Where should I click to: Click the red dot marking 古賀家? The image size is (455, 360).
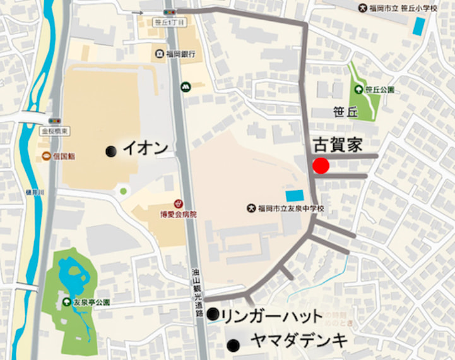pyautogui.click(x=321, y=166)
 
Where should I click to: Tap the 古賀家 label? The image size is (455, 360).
pyautogui.click(x=338, y=144)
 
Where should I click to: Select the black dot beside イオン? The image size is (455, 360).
pyautogui.click(x=111, y=150)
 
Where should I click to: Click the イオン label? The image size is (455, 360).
pyautogui.click(x=146, y=148)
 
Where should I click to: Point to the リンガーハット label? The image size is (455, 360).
pyautogui.click(x=272, y=316)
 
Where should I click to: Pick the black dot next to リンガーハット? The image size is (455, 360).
pyautogui.click(x=213, y=313)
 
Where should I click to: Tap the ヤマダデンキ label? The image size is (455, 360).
pyautogui.click(x=298, y=340)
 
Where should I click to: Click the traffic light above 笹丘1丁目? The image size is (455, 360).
pyautogui.click(x=168, y=11)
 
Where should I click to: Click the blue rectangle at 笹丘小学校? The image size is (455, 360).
pyautogui.click(x=418, y=27)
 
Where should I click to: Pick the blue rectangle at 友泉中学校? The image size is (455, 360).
pyautogui.click(x=294, y=196)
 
